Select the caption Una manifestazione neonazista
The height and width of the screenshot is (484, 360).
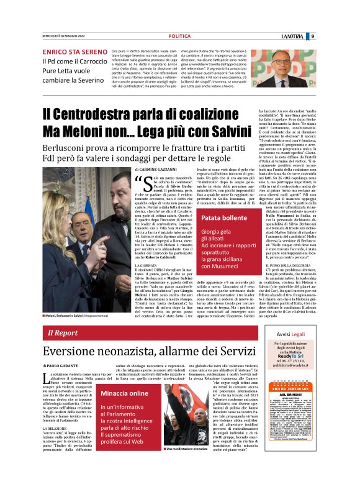point(189,465)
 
